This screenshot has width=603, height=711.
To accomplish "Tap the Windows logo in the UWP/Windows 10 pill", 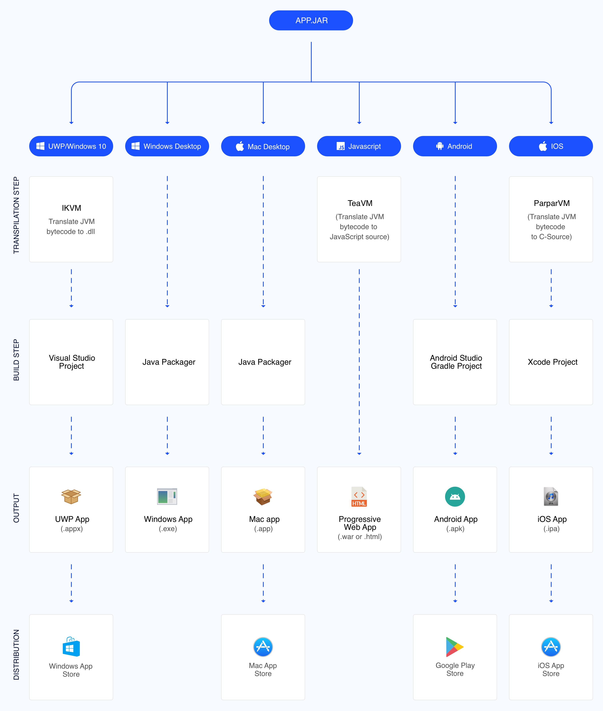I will tap(40, 146).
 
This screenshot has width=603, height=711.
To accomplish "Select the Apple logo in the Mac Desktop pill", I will tap(240, 146).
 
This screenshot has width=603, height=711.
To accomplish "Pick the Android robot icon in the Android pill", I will tap(440, 146).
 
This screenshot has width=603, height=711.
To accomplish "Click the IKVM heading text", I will tap(71, 208).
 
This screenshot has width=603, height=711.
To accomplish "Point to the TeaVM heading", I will tap(360, 203).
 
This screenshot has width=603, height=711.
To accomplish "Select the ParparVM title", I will tap(551, 203).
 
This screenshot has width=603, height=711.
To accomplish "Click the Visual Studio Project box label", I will tap(72, 362).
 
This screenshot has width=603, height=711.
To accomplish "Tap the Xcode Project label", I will tap(552, 362).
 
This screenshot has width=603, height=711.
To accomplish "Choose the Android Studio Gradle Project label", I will tap(456, 362).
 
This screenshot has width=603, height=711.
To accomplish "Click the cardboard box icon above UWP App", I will tap(71, 496).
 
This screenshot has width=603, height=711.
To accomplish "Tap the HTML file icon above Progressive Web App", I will tap(359, 496).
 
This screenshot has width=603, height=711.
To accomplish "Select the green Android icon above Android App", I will tap(455, 496).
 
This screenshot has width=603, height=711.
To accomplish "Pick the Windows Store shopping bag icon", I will tap(71, 647).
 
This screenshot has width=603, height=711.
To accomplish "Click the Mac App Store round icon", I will tap(263, 647).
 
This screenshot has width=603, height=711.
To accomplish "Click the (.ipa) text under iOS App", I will tap(551, 529).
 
